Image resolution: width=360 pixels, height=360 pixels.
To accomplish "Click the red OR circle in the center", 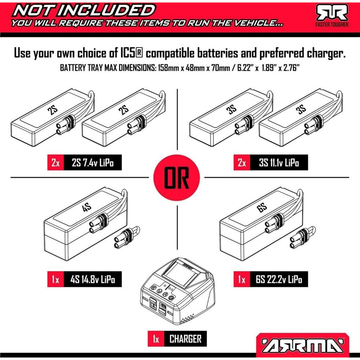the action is (176, 177).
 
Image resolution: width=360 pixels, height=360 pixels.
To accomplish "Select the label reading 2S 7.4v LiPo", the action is (92, 163).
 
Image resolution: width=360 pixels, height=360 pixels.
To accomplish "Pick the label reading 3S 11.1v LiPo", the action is (279, 163).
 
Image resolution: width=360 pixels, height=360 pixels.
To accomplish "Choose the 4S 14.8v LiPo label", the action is (92, 280).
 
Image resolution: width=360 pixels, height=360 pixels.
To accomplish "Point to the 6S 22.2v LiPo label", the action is (279, 280).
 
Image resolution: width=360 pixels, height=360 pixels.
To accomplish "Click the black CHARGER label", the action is (185, 339).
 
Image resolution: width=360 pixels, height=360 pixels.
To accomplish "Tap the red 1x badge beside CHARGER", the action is (156, 339).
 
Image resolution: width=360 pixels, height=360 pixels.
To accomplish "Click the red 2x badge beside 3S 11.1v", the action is (242, 163).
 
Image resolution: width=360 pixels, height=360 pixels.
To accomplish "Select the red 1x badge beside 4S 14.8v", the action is (55, 280).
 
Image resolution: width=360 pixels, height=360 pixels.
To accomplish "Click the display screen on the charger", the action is (181, 273).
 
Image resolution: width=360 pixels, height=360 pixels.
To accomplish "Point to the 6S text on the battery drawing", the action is (262, 207).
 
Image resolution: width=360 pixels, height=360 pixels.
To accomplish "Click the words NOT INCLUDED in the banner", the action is (84, 10).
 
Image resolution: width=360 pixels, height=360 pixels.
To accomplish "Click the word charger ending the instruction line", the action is (326, 53).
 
